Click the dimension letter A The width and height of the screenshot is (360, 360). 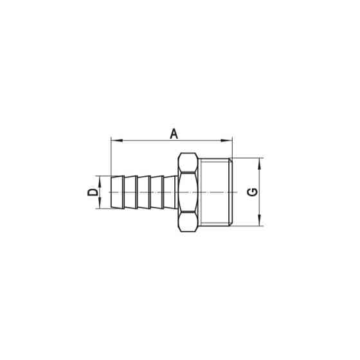(173, 133)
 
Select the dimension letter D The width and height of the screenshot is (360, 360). (93, 192)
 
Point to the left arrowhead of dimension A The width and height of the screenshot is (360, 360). (114, 139)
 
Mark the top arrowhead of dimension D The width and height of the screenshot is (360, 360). (100, 178)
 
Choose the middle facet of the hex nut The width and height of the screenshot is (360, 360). (188, 192)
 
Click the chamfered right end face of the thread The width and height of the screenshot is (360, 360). (230, 192)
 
